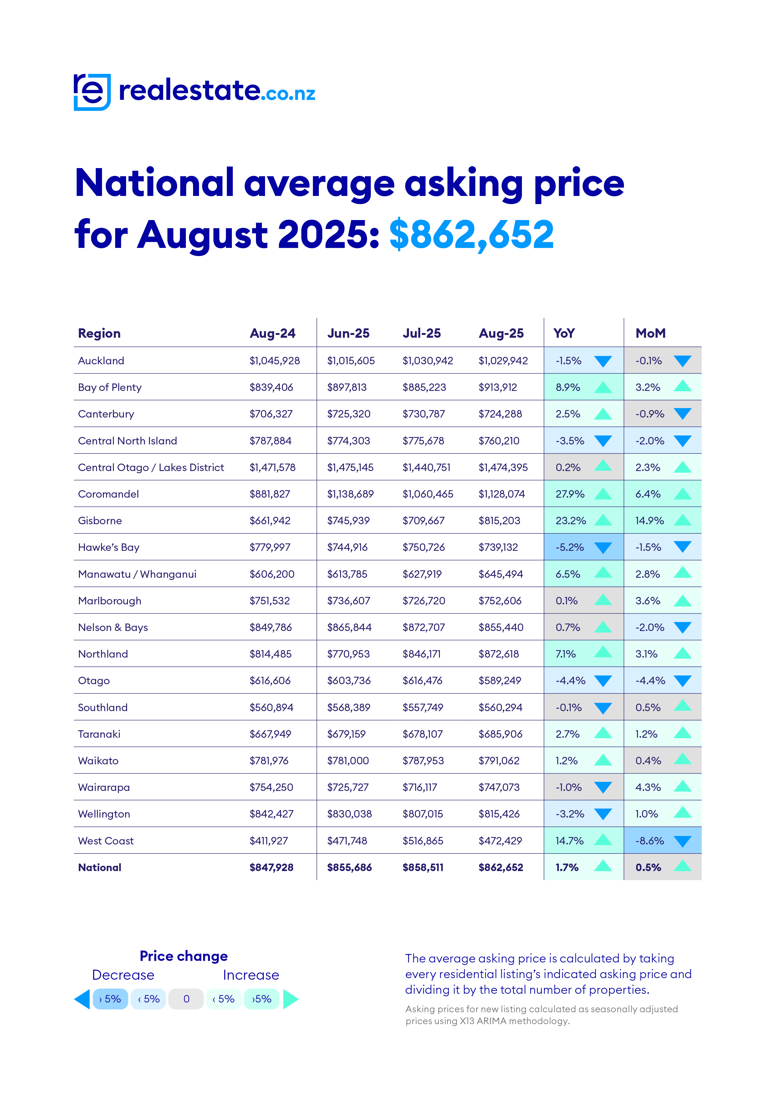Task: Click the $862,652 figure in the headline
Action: pyautogui.click(x=472, y=235)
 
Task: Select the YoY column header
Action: pyautogui.click(x=564, y=333)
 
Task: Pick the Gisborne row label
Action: pyautogui.click(x=100, y=521)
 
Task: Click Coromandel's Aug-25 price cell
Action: pyautogui.click(x=502, y=494)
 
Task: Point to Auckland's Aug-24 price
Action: pyautogui.click(x=274, y=361)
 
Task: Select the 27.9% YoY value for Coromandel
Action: pyautogui.click(x=569, y=494)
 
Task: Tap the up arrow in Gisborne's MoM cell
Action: pyautogui.click(x=682, y=520)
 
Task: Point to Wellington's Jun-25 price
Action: pyautogui.click(x=349, y=814)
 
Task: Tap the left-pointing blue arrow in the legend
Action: pyautogui.click(x=82, y=999)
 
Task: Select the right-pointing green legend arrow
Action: pyautogui.click(x=290, y=999)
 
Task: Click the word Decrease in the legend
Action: pyautogui.click(x=123, y=975)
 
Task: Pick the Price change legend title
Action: pyautogui.click(x=184, y=956)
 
